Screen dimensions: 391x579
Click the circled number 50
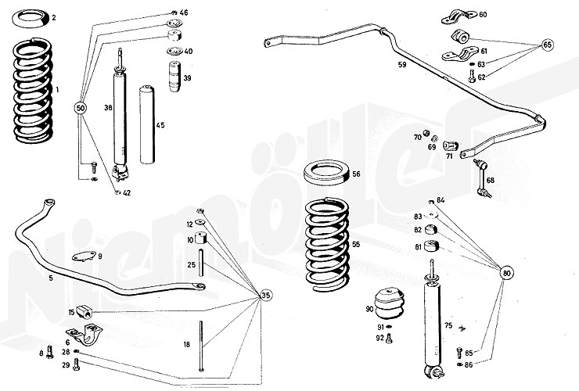click(x=81, y=106)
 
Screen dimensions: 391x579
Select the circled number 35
click(x=267, y=296)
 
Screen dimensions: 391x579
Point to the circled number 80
click(x=508, y=274)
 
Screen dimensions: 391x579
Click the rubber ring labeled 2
click(x=34, y=17)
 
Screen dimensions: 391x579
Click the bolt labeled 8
click(x=49, y=352)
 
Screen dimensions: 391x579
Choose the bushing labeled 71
click(x=450, y=146)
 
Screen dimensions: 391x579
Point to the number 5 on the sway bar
click(x=29, y=277)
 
